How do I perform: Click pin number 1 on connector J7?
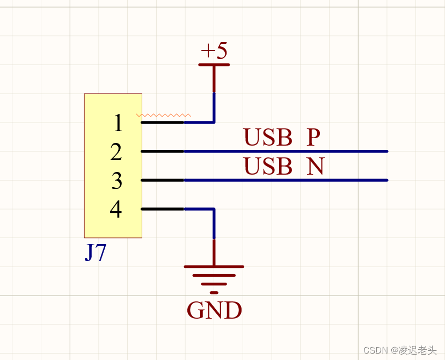tap(118, 124)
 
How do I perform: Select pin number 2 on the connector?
tap(116, 153)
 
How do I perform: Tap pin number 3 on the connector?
tap(117, 182)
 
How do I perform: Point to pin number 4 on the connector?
tap(116, 210)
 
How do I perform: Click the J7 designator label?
tap(95, 253)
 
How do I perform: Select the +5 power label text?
tap(214, 51)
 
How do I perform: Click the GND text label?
tap(214, 311)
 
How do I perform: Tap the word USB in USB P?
tap(268, 138)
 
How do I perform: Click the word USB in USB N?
tap(268, 167)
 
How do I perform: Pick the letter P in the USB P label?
tap(313, 138)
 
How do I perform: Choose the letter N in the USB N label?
tap(316, 167)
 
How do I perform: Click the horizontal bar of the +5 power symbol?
tap(214, 65)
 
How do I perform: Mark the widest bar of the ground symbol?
tap(214, 267)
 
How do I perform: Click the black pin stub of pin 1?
tap(163, 123)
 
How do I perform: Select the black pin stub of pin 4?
tap(163, 209)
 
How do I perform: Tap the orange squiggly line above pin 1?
tap(164, 115)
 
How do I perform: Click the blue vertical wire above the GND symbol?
tap(214, 224)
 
